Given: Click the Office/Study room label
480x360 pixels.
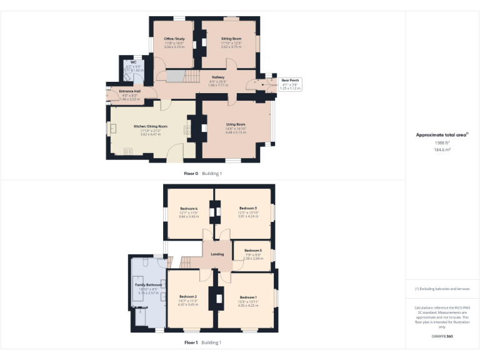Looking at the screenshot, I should pyautogui.click(x=174, y=39).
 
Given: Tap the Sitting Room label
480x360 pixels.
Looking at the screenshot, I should pyautogui.click(x=231, y=39).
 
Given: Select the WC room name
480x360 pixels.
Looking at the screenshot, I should pyautogui.click(x=133, y=62).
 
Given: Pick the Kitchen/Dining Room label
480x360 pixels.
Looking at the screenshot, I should pyautogui.click(x=150, y=126).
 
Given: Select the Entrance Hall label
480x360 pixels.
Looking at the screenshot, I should pyautogui.click(x=130, y=91).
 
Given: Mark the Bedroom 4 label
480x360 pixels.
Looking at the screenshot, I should pyautogui.click(x=189, y=208).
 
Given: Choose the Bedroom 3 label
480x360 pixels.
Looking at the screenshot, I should pyautogui.click(x=247, y=208).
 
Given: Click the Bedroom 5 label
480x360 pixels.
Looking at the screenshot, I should pyautogui.click(x=253, y=251).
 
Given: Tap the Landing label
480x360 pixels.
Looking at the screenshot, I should pyautogui.click(x=217, y=254).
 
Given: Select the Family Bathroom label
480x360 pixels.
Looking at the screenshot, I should pyautogui.click(x=149, y=285).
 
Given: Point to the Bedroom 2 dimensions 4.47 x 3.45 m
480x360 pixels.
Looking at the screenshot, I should pyautogui.click(x=189, y=304).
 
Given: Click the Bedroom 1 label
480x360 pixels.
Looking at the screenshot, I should pyautogui.click(x=248, y=297).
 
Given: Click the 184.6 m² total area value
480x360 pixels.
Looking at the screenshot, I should pyautogui.click(x=442, y=149).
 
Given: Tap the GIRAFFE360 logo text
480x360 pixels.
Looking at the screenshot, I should pyautogui.click(x=442, y=337).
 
